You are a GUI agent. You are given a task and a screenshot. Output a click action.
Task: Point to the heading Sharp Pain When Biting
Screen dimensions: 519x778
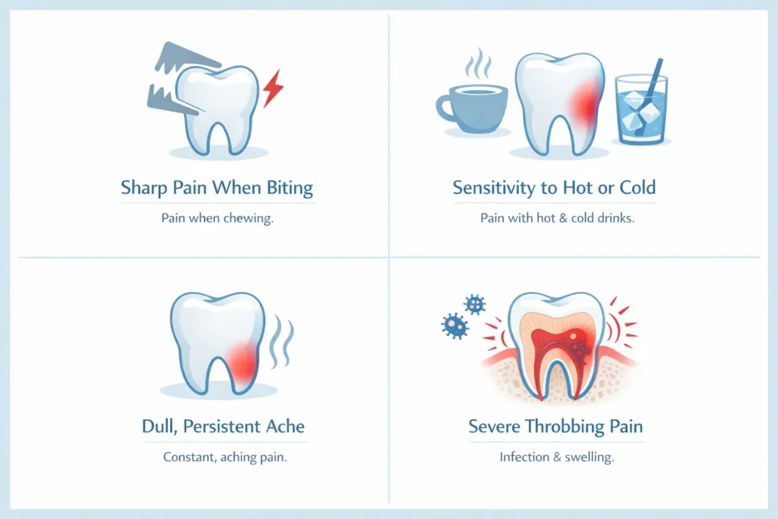[x=217, y=188]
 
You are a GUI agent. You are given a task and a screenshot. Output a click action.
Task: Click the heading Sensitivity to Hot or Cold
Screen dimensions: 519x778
[x=555, y=188]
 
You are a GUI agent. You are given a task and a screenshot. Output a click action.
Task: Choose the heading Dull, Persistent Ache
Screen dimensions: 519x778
[x=224, y=426]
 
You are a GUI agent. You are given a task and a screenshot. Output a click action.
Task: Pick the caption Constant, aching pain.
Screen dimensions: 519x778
[x=224, y=457]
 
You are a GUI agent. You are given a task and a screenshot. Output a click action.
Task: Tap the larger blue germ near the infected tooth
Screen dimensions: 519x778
[x=454, y=326]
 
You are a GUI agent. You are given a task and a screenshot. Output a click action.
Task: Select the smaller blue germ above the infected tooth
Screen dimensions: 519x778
[x=475, y=305]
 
